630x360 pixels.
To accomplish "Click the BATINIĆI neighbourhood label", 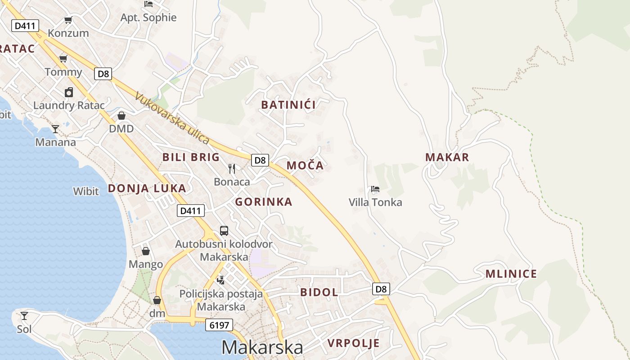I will pyautogui.click(x=288, y=105).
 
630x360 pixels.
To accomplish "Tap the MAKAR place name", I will pyautogui.click(x=447, y=157).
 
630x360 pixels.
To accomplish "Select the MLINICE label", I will pyautogui.click(x=511, y=274).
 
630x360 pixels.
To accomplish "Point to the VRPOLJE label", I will pyautogui.click(x=353, y=343).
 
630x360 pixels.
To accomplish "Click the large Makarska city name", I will pyautogui.click(x=262, y=347).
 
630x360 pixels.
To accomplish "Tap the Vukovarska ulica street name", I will pyautogui.click(x=172, y=118).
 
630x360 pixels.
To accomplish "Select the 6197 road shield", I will pyautogui.click(x=220, y=325).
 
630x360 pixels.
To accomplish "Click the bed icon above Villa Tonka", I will pyautogui.click(x=375, y=189).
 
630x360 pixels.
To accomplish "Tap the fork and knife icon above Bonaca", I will pyautogui.click(x=232, y=169).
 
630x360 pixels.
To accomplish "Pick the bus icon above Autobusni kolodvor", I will pyautogui.click(x=224, y=231).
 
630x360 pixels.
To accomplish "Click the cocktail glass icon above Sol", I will pyautogui.click(x=24, y=315).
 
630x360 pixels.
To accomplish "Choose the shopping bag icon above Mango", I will pyautogui.click(x=145, y=251).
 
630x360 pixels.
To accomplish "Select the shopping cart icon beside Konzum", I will pyautogui.click(x=68, y=20).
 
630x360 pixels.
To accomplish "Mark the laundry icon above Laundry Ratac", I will pyautogui.click(x=68, y=92).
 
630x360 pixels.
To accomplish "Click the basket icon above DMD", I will pyautogui.click(x=121, y=116).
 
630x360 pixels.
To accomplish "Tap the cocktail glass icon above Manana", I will pyautogui.click(x=55, y=129).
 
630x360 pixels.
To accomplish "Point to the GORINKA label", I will pyautogui.click(x=264, y=202).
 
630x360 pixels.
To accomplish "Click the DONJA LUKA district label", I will pyautogui.click(x=147, y=189).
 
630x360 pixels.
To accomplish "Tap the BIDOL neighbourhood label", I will pyautogui.click(x=319, y=292).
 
